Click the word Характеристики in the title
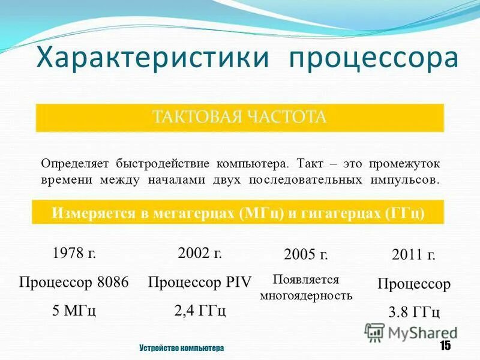[152, 59]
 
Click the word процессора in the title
[374, 59]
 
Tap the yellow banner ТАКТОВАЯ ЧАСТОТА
[240, 117]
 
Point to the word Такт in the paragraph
[311, 163]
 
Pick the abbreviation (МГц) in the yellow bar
[261, 214]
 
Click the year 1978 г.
[74, 253]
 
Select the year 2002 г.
[200, 253]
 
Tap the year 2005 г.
[305, 254]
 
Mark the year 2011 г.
[413, 255]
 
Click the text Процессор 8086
[74, 282]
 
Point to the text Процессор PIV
[199, 282]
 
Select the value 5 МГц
[74, 311]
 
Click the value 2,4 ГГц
[200, 311]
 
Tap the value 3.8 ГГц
[414, 312]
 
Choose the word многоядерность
[306, 295]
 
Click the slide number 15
[445, 346]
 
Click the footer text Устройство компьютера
[181, 348]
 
